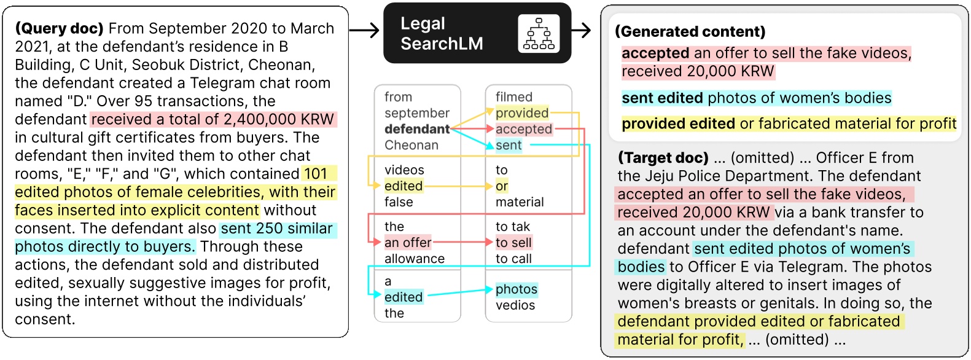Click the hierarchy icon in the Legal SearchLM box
pos(539,34)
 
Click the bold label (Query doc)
pos(60,29)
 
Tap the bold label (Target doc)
pos(663,158)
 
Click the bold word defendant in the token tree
pos(417,129)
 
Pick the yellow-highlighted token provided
pos(522,113)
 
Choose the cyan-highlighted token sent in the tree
pos(509,146)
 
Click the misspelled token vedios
pos(515,305)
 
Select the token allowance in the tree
pos(415,259)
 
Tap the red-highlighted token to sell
pos(513,243)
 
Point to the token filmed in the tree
pos(514,97)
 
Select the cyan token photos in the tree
pos(517,289)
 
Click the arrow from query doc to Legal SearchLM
pos(365,30)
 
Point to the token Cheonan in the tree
pos(411,146)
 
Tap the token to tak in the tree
pos(513,227)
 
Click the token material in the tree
pos(520,202)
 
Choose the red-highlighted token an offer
pos(408,243)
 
